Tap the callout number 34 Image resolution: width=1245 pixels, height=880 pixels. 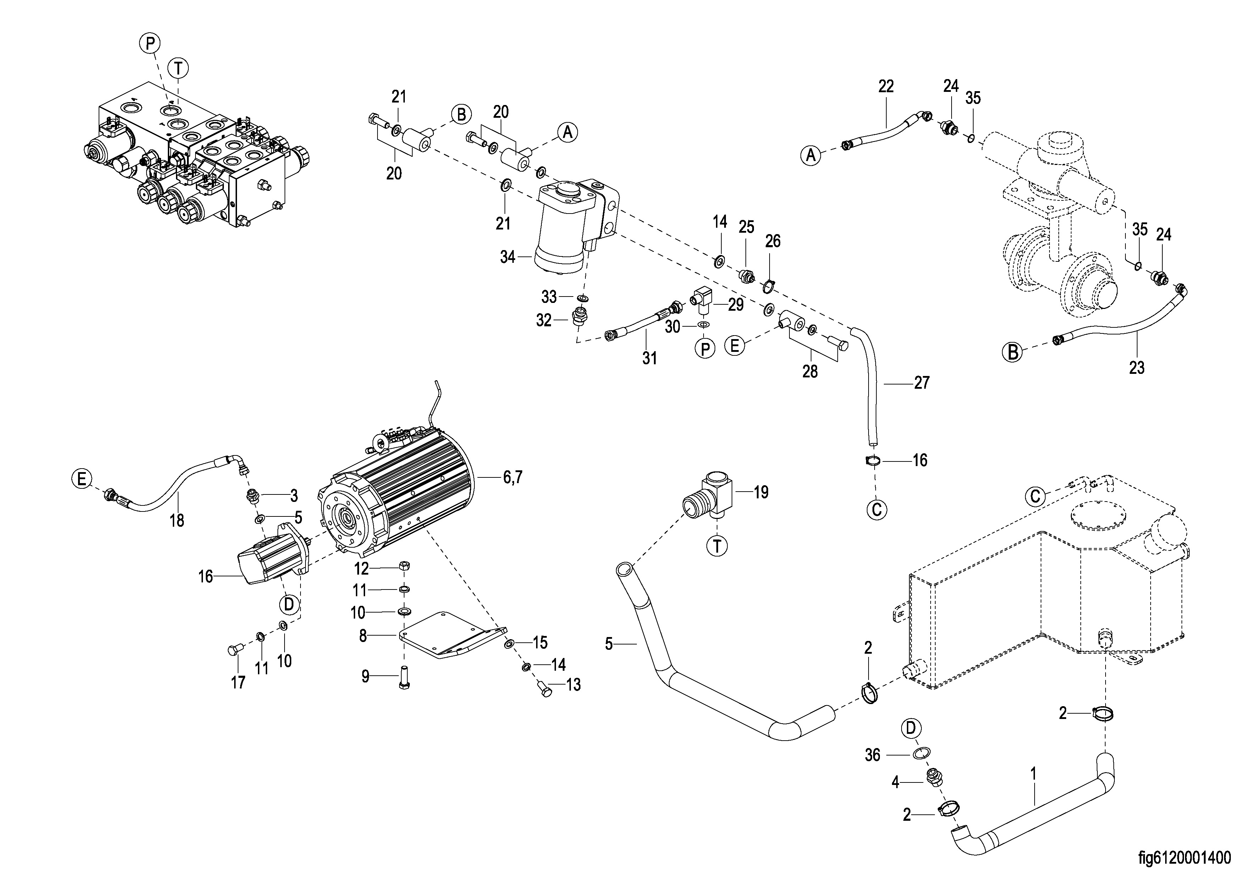[507, 257]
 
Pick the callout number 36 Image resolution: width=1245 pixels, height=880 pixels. [872, 755]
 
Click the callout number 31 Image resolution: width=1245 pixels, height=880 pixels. [650, 358]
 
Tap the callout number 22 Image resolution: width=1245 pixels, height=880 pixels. [886, 86]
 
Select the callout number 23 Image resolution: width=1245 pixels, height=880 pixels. [1136, 367]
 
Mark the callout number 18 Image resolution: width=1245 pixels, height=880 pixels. [177, 521]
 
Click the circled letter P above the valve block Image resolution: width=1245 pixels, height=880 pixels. [150, 43]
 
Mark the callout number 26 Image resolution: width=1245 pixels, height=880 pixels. [773, 241]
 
